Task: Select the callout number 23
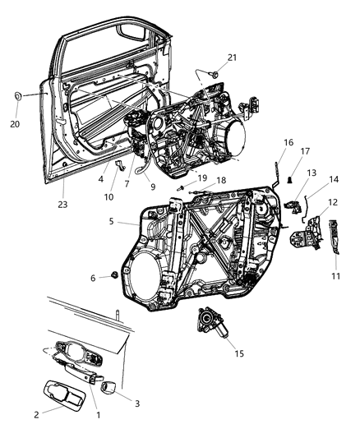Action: coord(62,205)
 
